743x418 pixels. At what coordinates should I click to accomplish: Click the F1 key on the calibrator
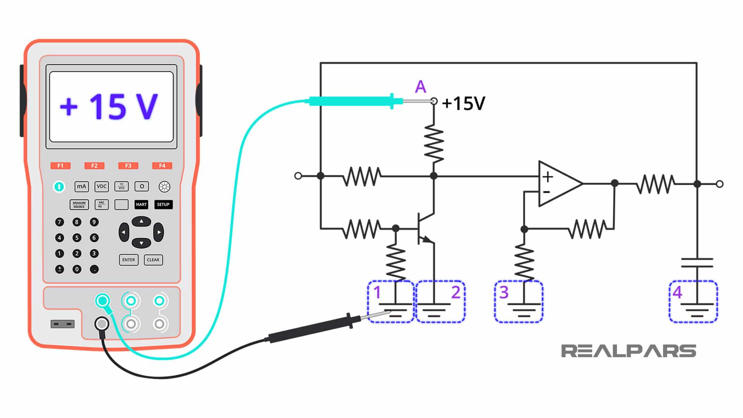60,166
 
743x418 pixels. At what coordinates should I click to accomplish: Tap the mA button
81,187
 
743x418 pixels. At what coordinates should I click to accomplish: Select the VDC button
101,187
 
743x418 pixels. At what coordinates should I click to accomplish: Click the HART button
141,204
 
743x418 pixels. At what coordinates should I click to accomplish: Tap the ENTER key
128,260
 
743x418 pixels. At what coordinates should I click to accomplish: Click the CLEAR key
153,260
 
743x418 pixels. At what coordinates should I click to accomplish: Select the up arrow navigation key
141,221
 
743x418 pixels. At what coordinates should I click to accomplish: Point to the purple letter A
420,87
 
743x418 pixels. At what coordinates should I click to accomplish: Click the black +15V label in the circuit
464,104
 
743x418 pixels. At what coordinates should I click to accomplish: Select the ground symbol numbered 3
524,310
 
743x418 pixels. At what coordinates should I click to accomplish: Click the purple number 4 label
677,292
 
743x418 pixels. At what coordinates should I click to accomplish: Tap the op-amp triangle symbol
557,183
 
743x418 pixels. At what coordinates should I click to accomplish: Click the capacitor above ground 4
697,263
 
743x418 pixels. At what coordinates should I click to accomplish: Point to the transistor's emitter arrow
427,240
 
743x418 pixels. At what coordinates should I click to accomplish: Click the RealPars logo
628,351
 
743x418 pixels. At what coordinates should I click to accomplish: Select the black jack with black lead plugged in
102,324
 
